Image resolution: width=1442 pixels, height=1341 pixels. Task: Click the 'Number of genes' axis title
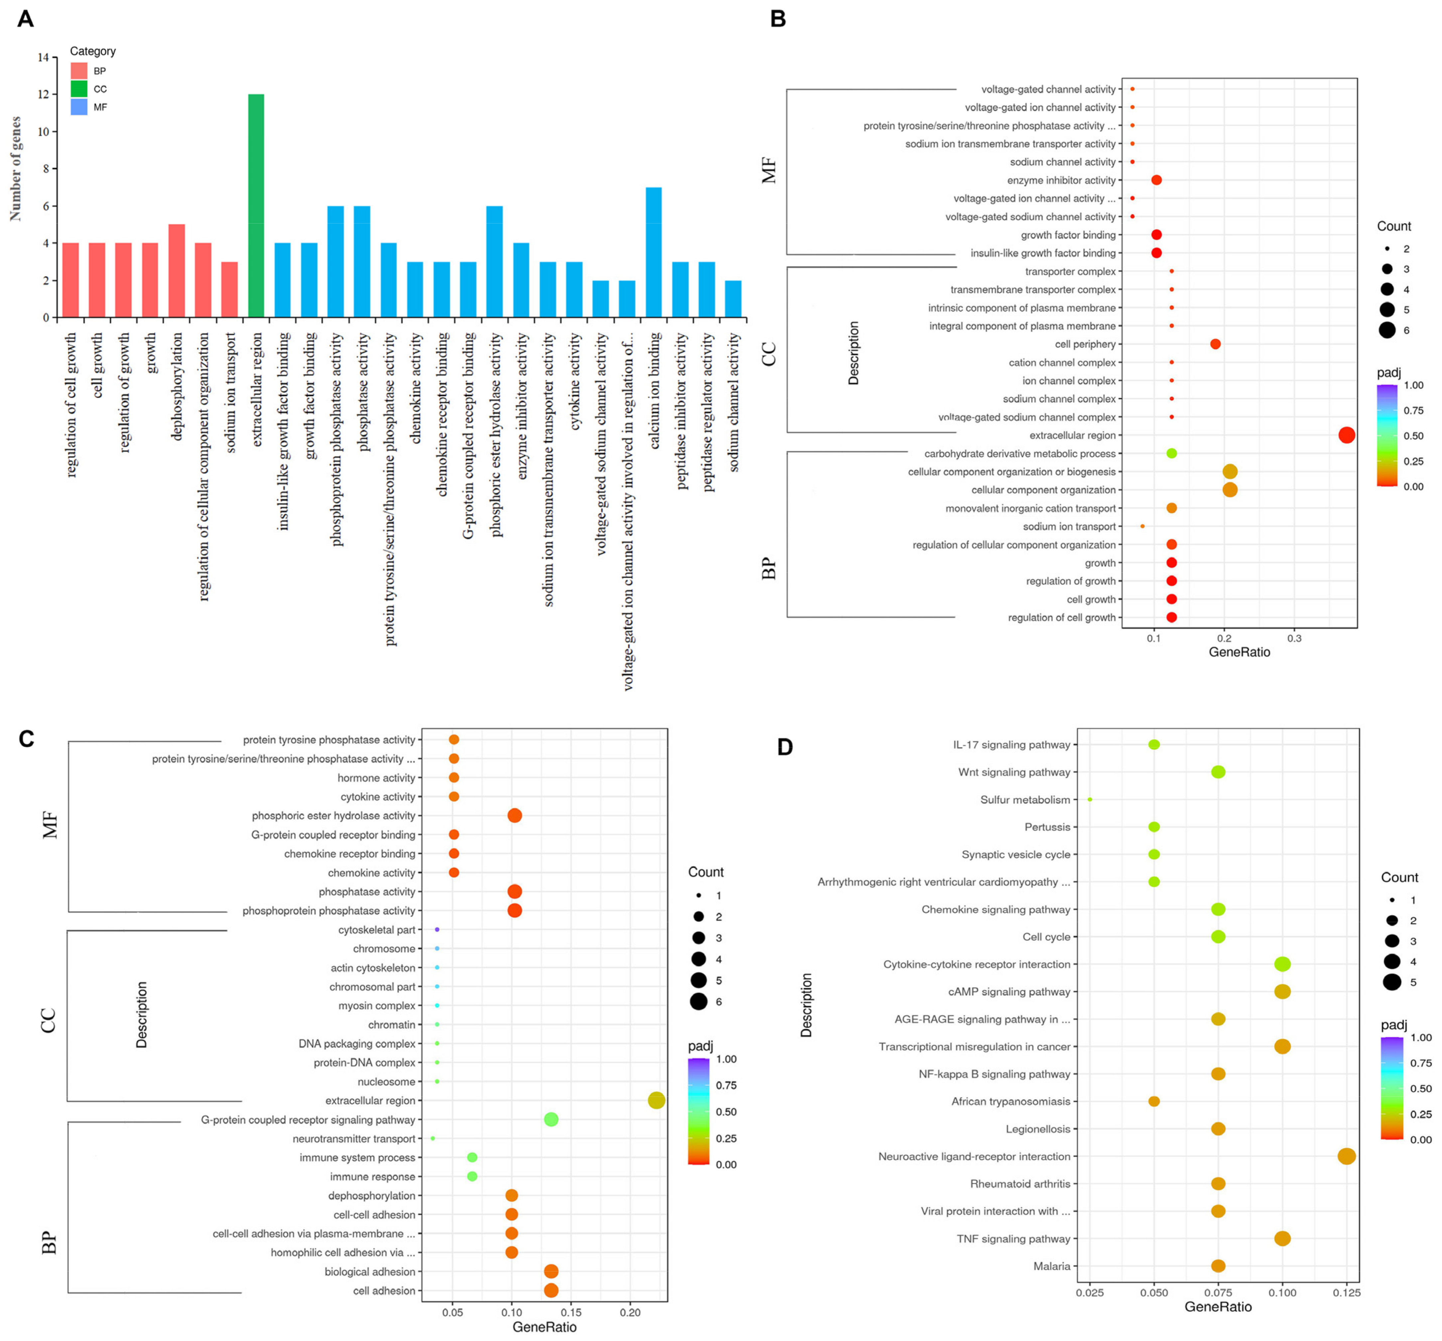[x=15, y=168]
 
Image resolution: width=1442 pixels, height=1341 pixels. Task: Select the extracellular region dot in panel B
[x=1346, y=435]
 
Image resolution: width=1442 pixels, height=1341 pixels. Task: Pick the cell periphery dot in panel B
[x=1215, y=344]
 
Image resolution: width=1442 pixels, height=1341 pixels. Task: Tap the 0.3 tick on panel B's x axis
[x=1294, y=638]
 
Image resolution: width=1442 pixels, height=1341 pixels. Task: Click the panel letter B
[x=778, y=19]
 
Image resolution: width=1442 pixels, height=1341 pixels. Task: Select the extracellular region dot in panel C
[x=656, y=1100]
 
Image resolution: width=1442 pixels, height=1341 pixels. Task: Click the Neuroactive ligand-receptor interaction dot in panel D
[x=1346, y=1156]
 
